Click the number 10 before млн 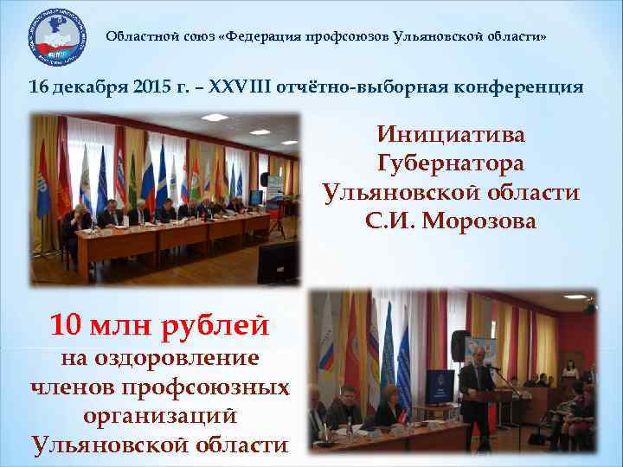click(x=67, y=325)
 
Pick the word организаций click(x=160, y=415)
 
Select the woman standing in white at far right click(x=570, y=371)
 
